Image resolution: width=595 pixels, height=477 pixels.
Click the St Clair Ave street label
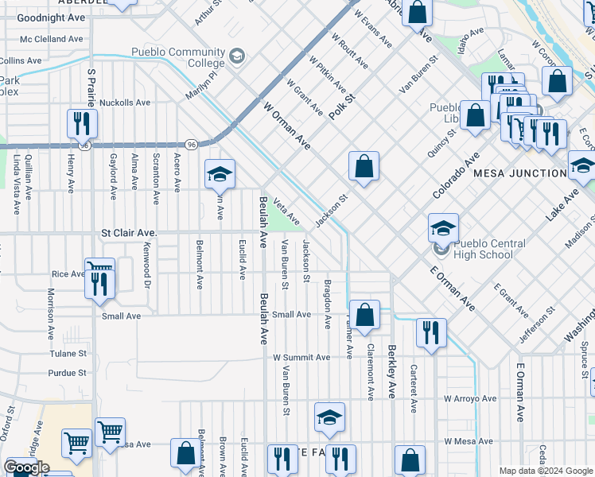[129, 233]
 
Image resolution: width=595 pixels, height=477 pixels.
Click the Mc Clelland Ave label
[52, 38]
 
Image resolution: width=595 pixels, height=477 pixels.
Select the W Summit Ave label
[301, 358]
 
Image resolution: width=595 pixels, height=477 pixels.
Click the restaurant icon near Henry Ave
[82, 124]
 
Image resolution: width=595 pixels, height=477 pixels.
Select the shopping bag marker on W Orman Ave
[364, 166]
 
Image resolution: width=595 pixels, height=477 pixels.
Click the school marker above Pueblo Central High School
[443, 228]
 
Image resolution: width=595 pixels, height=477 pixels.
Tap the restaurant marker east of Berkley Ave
[430, 332]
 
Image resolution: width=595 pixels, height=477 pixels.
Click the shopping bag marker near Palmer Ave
[364, 314]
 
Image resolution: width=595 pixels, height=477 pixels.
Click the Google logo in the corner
[26, 467]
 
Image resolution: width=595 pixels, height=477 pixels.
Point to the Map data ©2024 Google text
[546, 471]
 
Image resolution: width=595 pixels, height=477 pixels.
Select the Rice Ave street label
[68, 274]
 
